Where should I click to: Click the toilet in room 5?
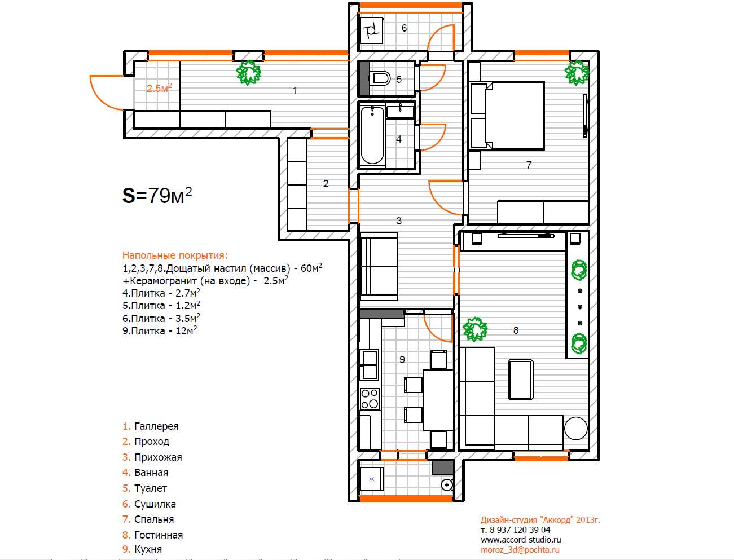coord(380,79)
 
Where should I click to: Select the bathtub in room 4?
coord(372,135)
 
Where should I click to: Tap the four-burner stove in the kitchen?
coord(370,399)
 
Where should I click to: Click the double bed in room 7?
coord(507,116)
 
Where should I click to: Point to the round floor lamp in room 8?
coord(575,429)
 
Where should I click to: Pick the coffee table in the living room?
coord(521,380)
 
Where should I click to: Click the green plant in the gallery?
coord(248,73)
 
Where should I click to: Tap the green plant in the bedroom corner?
coord(577,73)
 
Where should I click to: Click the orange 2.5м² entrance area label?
coord(159,88)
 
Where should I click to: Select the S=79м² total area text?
coord(157,195)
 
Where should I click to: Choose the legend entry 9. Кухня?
coord(142,549)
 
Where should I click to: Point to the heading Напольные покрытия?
coord(175,255)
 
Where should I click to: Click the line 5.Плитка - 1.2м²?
coord(161,305)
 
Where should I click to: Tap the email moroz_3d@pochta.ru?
coord(520,550)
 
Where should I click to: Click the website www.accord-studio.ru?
coord(521,540)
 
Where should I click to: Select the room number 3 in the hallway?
coord(399,221)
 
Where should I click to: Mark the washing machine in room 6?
coord(372,30)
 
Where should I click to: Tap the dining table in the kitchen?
coord(438,400)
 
